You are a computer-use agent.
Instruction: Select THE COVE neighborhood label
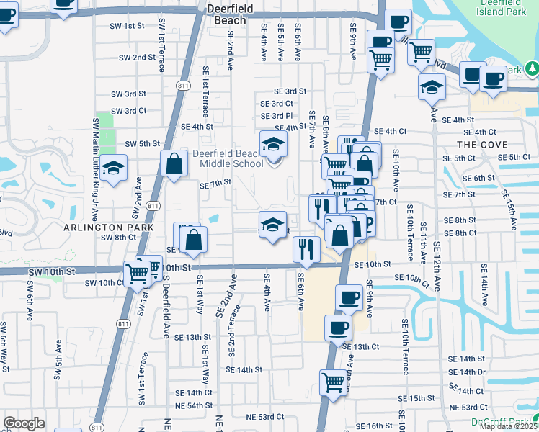coord(476,145)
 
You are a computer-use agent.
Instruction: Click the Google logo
coord(24,423)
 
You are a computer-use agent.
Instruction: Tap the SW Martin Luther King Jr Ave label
coord(94,169)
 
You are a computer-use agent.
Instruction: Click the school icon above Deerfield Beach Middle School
coord(273,145)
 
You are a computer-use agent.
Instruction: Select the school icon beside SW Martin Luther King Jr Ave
coord(113,168)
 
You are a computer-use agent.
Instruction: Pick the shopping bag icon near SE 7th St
coord(175,163)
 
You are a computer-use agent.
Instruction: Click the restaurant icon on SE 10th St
coord(306,249)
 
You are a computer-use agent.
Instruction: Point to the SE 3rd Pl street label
coord(277,116)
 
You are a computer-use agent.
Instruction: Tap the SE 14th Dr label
coord(467,372)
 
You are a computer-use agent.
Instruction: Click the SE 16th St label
coord(373,426)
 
